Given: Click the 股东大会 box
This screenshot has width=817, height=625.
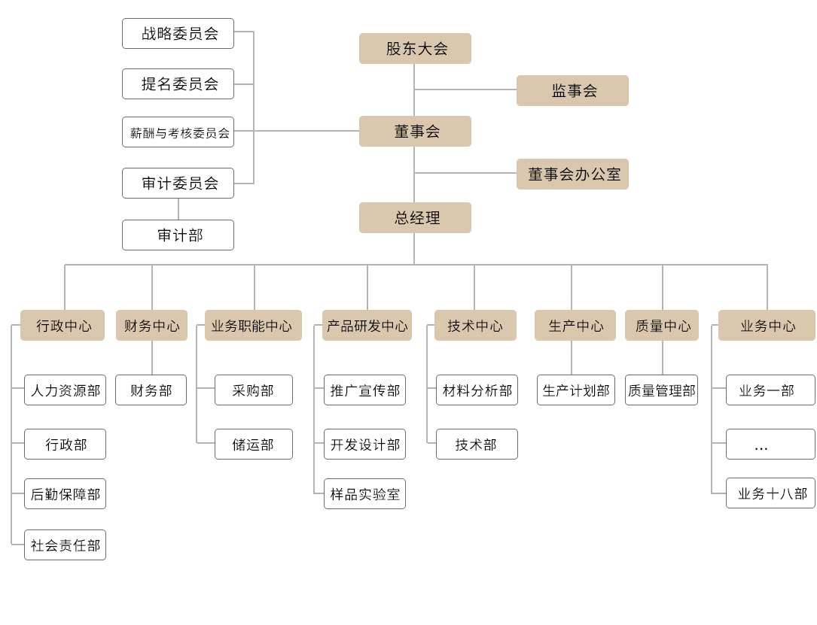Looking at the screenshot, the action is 415,48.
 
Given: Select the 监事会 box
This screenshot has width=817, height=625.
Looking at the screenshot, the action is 572,90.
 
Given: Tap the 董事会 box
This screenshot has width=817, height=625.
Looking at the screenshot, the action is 415,131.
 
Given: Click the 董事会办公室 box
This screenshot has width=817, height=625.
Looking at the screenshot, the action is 572,174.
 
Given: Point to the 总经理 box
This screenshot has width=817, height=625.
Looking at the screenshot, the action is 415,217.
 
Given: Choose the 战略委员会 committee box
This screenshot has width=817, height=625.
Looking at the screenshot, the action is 178,34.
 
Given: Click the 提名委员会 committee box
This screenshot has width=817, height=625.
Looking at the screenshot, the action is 178,83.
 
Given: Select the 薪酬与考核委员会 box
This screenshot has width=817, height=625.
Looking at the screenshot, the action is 178,132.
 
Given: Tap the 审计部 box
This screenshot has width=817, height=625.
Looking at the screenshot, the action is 178,235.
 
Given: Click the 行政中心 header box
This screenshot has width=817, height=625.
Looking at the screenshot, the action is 62,325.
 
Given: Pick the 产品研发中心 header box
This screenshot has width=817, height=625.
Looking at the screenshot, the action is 367,325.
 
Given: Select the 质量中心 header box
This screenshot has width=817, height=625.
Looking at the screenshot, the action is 662,325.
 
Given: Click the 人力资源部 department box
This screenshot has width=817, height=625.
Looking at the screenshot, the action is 65,390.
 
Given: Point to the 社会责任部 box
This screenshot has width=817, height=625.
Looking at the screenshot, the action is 65,545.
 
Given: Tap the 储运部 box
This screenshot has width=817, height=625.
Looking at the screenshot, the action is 254,444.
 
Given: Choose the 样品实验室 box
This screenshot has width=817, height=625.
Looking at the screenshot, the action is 364,494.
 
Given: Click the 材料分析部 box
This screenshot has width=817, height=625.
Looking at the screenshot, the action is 477,390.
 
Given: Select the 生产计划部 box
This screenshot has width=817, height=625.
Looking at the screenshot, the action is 576,390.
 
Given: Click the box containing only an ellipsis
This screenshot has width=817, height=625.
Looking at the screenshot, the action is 770,444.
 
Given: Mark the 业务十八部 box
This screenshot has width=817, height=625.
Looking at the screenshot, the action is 770,493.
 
